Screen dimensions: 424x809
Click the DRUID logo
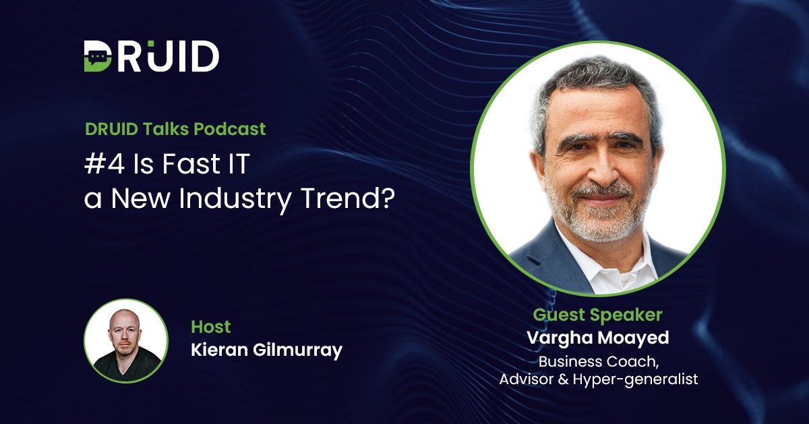pyautogui.click(x=151, y=56)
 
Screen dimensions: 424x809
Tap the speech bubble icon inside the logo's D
pyautogui.click(x=98, y=56)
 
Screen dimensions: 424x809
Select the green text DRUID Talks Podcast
pyautogui.click(x=175, y=128)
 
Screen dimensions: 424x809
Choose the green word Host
pyautogui.click(x=211, y=327)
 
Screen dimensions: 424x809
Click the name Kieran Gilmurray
pyautogui.click(x=267, y=350)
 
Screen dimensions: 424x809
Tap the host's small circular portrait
pyautogui.click(x=126, y=341)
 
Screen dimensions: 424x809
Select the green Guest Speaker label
pyautogui.click(x=597, y=315)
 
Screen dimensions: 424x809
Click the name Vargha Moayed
pyautogui.click(x=598, y=338)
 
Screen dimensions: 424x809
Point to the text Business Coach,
pyautogui.click(x=598, y=361)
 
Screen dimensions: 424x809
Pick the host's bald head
pyautogui.click(x=126, y=317)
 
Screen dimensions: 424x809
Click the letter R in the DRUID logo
pyautogui.click(x=140, y=56)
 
